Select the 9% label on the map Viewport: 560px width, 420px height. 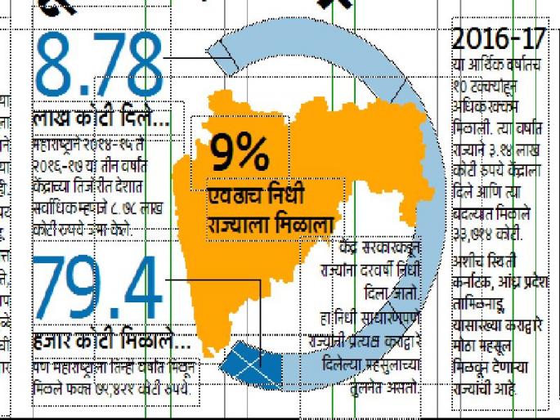(240, 152)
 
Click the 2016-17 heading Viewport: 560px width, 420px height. (498, 38)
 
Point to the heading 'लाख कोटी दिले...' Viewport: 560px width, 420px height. (101, 121)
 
